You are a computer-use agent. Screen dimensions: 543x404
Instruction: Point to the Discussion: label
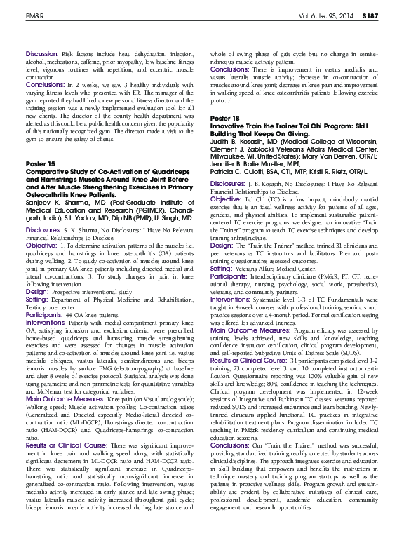pos(41,54)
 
